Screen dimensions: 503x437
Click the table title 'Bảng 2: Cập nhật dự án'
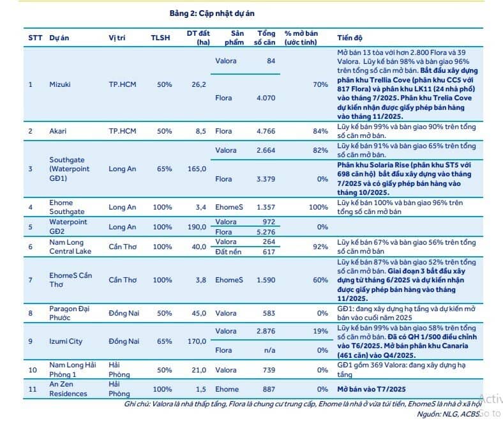click(212, 13)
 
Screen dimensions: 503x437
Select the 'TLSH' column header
click(160, 38)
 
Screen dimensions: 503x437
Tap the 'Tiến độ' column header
click(350, 38)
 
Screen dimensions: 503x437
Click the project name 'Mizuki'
click(59, 84)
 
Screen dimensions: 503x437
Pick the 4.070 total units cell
click(266, 98)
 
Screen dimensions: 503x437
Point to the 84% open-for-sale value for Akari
click(320, 131)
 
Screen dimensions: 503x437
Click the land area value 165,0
click(197, 169)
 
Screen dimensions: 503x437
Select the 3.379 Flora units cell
click(266, 179)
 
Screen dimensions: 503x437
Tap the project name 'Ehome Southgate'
click(67, 207)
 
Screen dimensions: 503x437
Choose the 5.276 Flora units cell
click(266, 232)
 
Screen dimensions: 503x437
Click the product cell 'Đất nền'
click(228, 252)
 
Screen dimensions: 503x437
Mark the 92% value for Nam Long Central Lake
click(320, 247)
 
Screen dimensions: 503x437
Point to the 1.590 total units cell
click(266, 280)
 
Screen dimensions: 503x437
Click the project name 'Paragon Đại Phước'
click(70, 313)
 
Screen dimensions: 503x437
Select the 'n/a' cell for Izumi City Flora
click(269, 350)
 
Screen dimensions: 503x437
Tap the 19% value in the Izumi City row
click(320, 331)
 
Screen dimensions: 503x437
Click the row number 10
click(33, 370)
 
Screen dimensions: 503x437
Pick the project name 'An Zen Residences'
click(68, 389)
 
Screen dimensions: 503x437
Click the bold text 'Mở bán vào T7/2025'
click(371, 389)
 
